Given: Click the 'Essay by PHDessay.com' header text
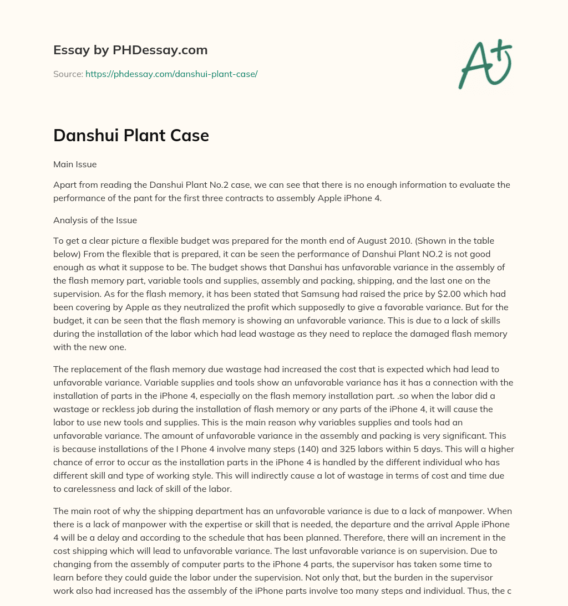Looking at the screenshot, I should (x=130, y=50).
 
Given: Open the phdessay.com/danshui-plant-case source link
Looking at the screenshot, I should (x=171, y=74).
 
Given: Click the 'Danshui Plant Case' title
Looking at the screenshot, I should (x=131, y=136).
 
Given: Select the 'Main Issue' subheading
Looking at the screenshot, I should (x=75, y=164).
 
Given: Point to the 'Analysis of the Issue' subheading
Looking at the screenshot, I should (x=95, y=220).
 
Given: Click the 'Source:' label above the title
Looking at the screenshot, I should (x=68, y=74).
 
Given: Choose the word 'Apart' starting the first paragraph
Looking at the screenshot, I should (x=65, y=184).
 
